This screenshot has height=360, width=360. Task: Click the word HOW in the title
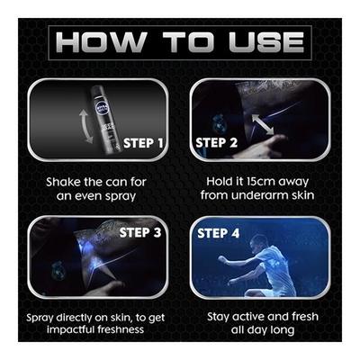click(x=101, y=42)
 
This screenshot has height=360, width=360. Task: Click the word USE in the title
click(x=266, y=42)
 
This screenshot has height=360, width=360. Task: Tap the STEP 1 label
click(x=143, y=143)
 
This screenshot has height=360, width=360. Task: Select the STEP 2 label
click(x=216, y=142)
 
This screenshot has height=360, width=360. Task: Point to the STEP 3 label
click(x=140, y=232)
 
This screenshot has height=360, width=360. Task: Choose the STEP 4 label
click(x=219, y=233)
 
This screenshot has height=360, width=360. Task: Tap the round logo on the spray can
click(x=100, y=107)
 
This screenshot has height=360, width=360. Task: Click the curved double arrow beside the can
click(x=85, y=126)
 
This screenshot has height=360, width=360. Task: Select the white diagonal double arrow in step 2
click(x=263, y=124)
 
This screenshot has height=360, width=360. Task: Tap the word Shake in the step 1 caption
click(x=63, y=182)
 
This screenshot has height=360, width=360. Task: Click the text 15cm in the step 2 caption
click(x=256, y=181)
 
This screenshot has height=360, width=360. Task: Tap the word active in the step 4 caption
click(x=249, y=317)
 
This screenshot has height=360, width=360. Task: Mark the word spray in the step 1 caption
click(x=121, y=196)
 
